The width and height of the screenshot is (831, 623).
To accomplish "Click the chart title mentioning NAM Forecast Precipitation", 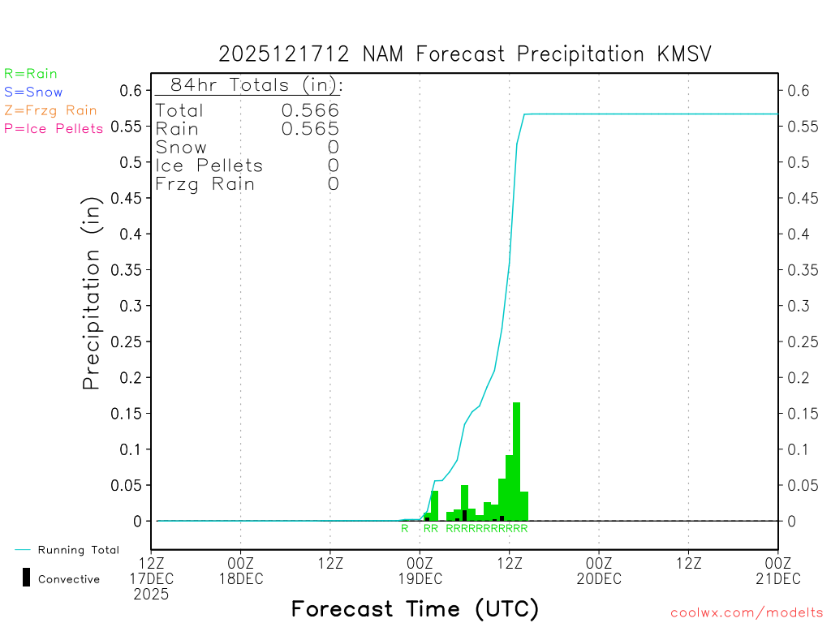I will pos(465,54).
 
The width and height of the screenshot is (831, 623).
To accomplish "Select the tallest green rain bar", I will pos(516,461).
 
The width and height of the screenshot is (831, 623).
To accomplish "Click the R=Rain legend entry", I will pos(31,74).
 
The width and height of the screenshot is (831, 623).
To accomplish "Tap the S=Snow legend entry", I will pos(33,92).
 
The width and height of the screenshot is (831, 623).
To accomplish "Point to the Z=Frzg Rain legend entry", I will pos(50,110).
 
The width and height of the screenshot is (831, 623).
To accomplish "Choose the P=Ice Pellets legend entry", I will pos(54,128).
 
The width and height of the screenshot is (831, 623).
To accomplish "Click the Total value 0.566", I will pos(310,110).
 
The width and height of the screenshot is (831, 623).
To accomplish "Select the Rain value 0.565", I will pos(310,129).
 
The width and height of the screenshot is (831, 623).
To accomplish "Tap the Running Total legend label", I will pos(78,550).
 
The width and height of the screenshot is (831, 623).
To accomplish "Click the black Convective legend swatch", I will pos(27,577).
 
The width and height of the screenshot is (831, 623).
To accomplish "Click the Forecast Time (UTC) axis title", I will pos(415,608).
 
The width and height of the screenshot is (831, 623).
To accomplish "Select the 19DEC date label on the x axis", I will pos(420,578).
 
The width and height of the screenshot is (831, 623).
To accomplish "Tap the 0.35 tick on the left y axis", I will pos(131,270).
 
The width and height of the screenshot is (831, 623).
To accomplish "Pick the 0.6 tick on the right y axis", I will pos(799,91).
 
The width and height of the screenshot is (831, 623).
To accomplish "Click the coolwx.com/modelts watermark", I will pos(747,612).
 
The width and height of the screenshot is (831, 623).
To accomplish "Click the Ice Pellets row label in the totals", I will pos(209,165).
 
